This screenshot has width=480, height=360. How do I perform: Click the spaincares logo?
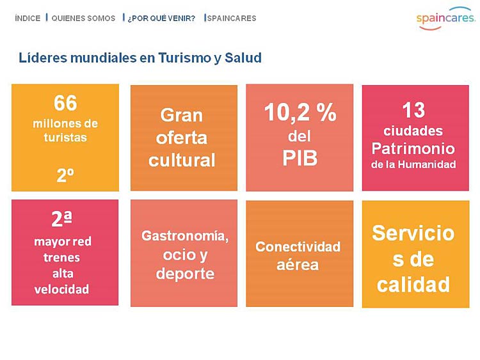point(445,19)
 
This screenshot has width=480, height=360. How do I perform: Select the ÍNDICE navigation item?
point(28,19)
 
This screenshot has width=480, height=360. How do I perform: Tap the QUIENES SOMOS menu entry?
point(83,19)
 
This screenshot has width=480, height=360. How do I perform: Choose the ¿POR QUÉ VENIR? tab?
point(161,19)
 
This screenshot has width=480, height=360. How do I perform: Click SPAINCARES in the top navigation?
point(232,19)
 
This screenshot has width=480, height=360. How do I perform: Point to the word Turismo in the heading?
point(184,58)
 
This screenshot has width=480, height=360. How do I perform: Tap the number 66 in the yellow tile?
point(65,103)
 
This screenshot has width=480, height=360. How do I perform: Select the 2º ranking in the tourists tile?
point(65,175)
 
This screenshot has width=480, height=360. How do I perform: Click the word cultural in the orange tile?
point(182,160)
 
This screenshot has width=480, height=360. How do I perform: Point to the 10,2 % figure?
point(300,113)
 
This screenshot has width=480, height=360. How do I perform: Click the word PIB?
point(300,158)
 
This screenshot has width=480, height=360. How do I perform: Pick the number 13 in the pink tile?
point(413,110)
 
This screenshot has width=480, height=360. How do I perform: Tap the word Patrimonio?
point(413,148)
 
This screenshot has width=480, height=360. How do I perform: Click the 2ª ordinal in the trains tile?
point(62,219)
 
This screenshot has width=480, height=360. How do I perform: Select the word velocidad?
point(61,289)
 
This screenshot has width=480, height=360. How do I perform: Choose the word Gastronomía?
point(185,236)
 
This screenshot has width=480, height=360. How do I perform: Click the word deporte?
point(185,274)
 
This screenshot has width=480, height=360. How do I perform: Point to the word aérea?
point(298,265)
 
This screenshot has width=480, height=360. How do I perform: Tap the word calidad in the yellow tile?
point(413,285)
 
